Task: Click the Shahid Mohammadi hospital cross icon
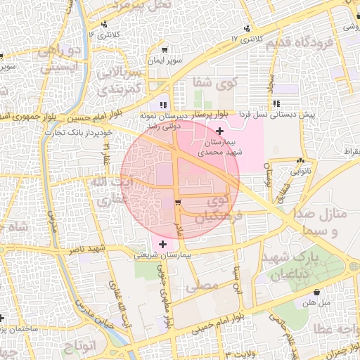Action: click(220, 131)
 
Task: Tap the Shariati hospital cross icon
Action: click(163, 244)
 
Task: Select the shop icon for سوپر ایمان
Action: click(165, 50)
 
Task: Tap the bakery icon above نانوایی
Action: click(300, 161)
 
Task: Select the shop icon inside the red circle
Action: click(178, 203)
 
